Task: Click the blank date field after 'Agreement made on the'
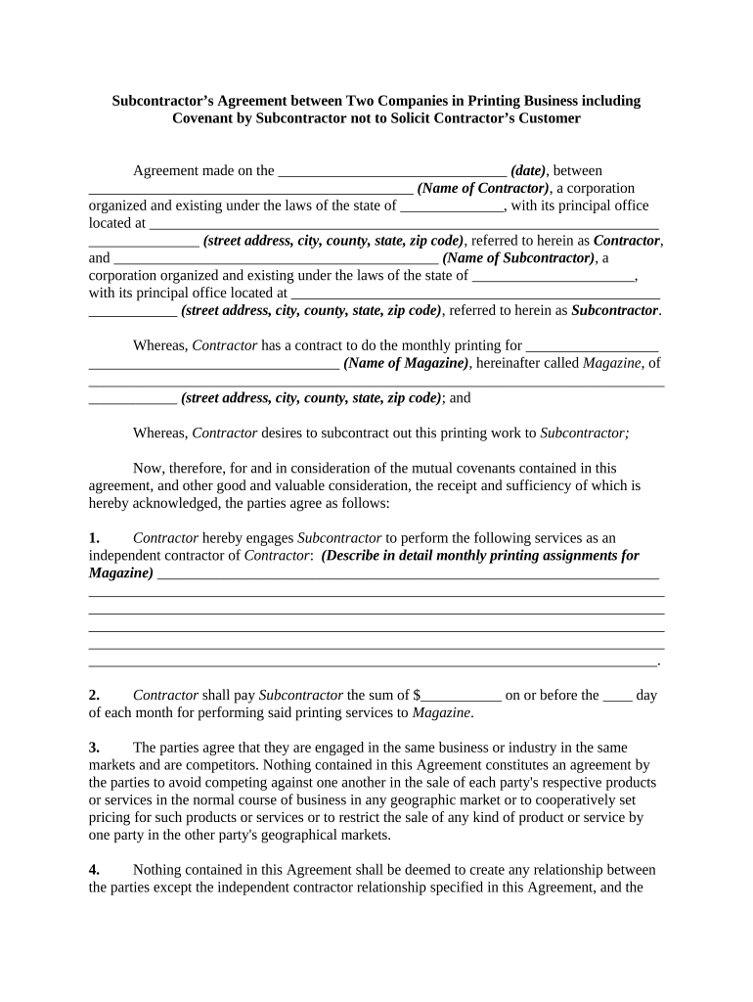pos(392,170)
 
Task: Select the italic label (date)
pos(528,170)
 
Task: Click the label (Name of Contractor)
pos(482,188)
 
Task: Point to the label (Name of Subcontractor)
pos(518,258)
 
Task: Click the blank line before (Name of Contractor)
pos(250,188)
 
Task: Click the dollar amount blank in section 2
pos(462,695)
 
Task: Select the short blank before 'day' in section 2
pos(617,695)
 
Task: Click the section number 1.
pos(94,538)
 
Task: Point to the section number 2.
pos(94,695)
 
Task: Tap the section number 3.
pos(94,748)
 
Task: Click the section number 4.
pos(94,870)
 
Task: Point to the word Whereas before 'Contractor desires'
pos(159,433)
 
